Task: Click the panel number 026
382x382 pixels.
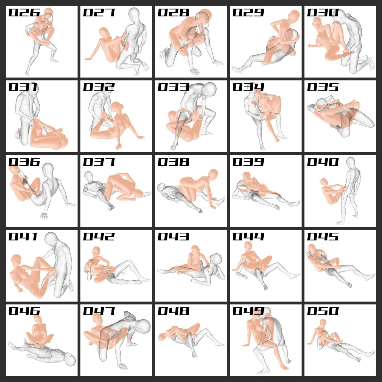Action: [x=24, y=12]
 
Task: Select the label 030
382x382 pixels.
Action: [x=323, y=12]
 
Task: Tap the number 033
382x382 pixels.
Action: [x=173, y=87]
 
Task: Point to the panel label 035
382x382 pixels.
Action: [x=323, y=87]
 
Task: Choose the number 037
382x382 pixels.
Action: [x=99, y=162]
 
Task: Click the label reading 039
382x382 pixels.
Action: [x=248, y=162]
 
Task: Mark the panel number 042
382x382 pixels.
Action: [x=99, y=236]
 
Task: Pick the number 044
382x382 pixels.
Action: [x=248, y=236]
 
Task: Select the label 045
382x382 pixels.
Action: [x=323, y=236]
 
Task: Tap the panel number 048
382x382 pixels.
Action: [x=173, y=311]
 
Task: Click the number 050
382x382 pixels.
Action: [x=323, y=311]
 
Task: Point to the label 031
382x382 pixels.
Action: [x=23, y=87]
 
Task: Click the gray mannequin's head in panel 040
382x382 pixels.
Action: [x=351, y=163]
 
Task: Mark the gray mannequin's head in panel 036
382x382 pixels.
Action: [x=49, y=169]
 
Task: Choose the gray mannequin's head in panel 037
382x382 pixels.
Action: [x=89, y=176]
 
